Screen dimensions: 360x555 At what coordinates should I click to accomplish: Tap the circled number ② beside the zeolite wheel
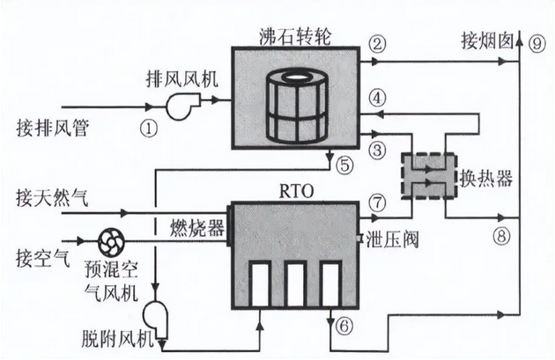coord(378,43)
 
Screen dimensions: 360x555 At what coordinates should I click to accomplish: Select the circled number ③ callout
coord(378,151)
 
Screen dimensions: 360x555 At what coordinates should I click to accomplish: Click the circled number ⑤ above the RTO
coord(344,164)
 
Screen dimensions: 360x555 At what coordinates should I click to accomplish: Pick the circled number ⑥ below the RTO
coord(344,327)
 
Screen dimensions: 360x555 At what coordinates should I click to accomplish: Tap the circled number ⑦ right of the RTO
coord(378,202)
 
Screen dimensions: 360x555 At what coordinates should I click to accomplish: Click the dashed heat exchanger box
coord(426,176)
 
